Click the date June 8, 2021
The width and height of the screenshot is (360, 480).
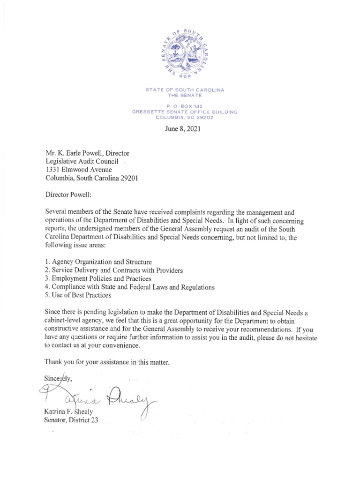pos(180,129)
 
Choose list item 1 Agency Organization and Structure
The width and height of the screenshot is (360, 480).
pos(98,262)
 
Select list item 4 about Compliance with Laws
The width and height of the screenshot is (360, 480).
pos(129,287)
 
